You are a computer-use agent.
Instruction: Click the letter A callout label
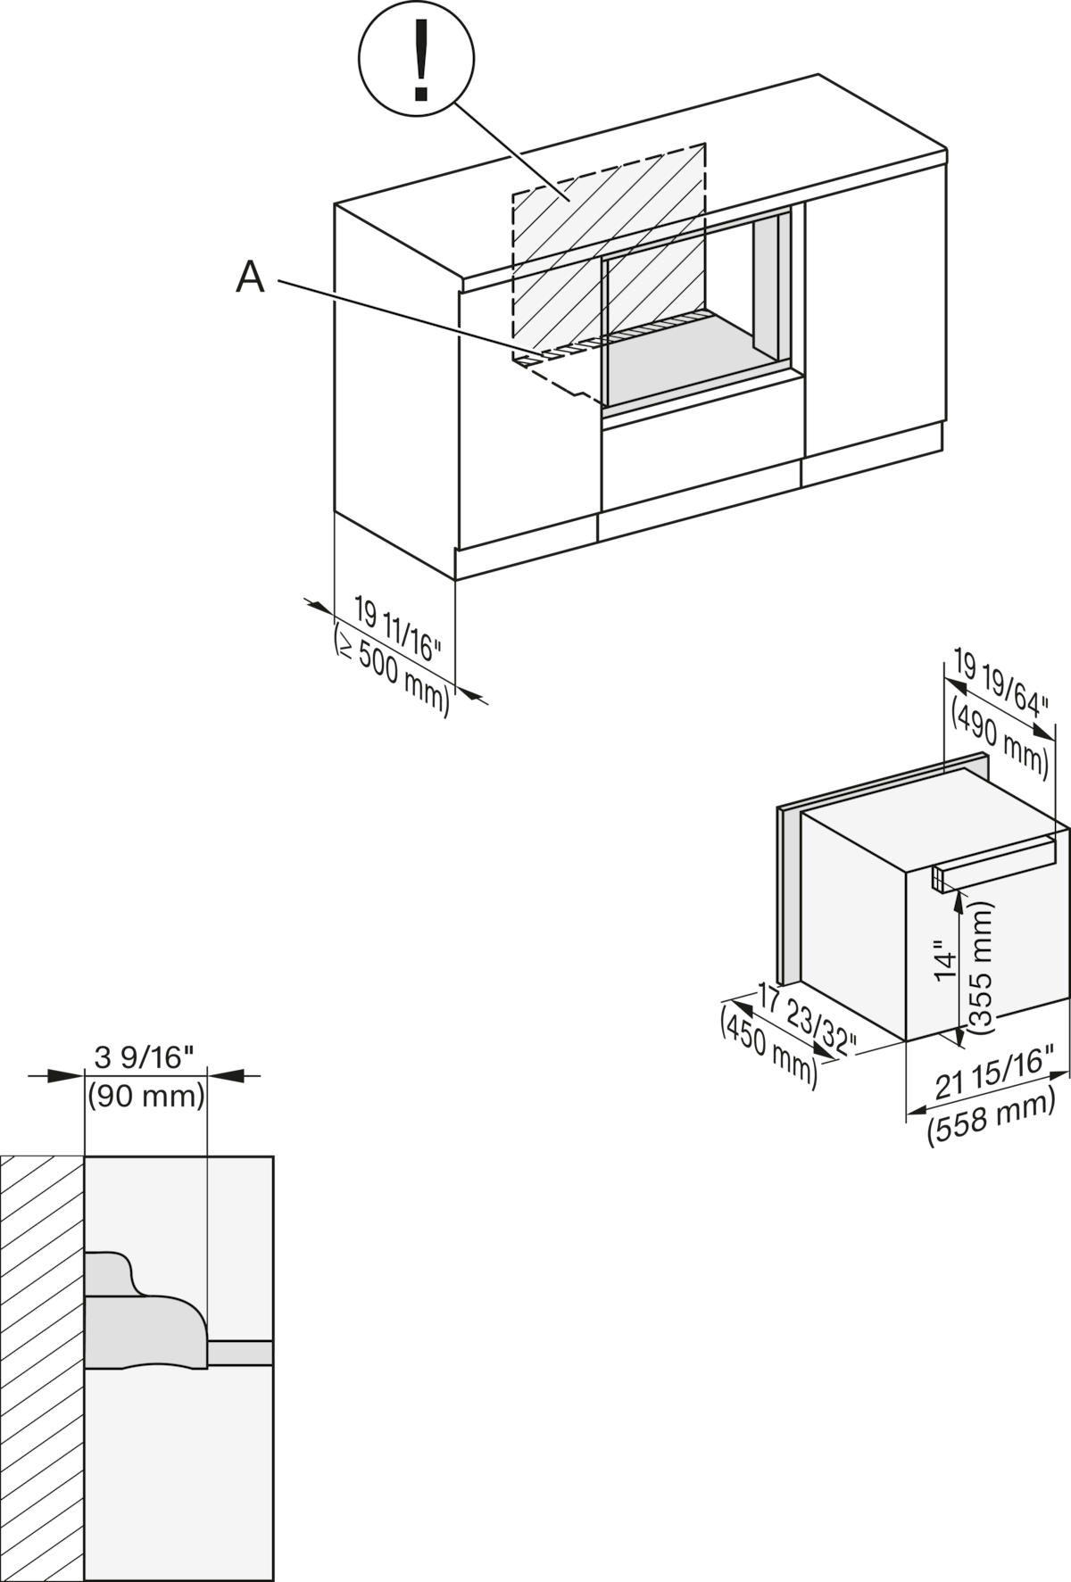click(x=251, y=278)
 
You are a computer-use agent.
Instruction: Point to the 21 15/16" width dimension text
click(x=990, y=1072)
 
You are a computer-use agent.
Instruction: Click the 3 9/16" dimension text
click(x=144, y=1058)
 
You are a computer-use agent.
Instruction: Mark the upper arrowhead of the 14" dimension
click(x=959, y=902)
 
